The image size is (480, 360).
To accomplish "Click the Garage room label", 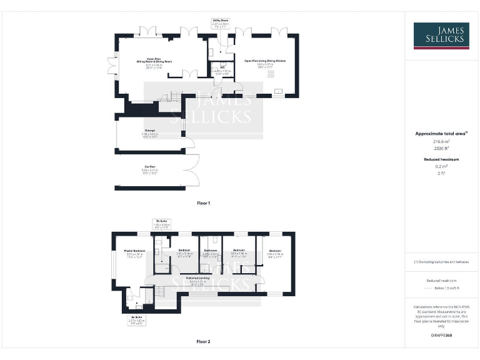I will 150,131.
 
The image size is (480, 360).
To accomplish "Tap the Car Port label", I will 150,166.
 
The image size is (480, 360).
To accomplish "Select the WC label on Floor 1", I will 222,67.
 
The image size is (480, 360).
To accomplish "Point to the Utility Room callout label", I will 220,21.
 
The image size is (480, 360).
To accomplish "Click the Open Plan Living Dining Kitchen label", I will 265,61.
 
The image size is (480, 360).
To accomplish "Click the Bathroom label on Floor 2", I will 210,251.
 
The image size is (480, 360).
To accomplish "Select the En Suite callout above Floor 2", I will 161,221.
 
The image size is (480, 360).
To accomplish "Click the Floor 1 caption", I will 204,203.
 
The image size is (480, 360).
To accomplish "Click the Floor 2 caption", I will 204,342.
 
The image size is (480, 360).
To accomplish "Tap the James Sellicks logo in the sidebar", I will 441,36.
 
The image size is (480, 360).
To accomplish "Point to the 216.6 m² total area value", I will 441,142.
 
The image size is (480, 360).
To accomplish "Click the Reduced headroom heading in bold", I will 441,160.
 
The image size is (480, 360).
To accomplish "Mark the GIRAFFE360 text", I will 441,336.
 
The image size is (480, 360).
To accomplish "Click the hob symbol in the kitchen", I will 271,74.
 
